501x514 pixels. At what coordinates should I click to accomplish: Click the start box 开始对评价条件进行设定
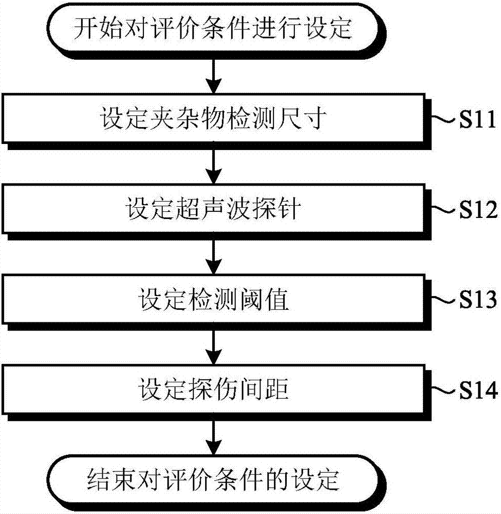[213, 29]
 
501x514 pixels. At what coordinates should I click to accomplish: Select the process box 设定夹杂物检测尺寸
[213, 119]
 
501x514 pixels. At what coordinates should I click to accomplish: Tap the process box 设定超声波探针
[213, 209]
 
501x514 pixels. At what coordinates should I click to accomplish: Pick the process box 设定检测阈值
[213, 300]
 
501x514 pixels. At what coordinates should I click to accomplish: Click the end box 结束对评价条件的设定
[213, 481]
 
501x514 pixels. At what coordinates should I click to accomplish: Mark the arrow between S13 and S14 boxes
[213, 344]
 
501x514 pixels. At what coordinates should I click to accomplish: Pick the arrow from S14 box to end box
[213, 435]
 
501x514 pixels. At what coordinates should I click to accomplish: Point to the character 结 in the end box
[99, 481]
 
